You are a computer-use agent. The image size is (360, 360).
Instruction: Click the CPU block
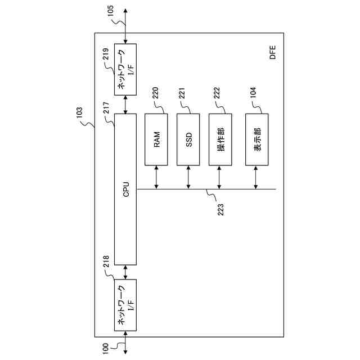(x=125, y=188)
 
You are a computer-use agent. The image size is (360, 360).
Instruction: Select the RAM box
(x=156, y=139)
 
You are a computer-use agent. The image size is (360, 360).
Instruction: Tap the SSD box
(x=188, y=139)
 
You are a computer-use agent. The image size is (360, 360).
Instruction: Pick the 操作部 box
(x=220, y=139)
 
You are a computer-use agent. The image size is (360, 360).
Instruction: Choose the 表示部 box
(x=256, y=139)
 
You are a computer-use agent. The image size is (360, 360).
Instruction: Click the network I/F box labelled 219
(x=125, y=69)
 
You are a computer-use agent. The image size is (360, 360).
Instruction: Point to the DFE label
(x=272, y=55)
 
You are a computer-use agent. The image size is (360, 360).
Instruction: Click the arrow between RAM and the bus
(x=156, y=177)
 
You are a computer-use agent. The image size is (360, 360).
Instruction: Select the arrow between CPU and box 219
(x=125, y=103)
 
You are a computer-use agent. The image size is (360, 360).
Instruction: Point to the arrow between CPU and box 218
(x=125, y=271)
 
